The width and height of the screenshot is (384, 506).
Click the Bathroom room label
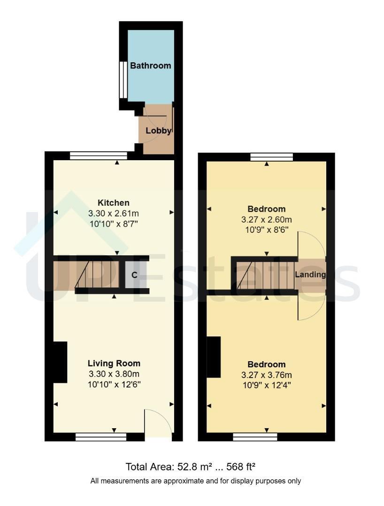150,66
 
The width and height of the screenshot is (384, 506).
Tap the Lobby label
158,131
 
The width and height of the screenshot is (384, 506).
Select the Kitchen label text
114,203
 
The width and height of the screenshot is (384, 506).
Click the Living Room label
114,364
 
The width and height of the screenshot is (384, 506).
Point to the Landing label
310,275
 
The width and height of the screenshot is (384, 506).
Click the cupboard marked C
134,275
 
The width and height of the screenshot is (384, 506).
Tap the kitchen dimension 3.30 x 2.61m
114,213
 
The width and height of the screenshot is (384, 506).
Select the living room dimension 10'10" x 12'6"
114,385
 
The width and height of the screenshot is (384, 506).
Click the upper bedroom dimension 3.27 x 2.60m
267,220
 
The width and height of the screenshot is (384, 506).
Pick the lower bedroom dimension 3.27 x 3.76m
267,375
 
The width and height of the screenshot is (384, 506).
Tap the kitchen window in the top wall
99,156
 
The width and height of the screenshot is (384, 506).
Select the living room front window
101,437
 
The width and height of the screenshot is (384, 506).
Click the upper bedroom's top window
272,157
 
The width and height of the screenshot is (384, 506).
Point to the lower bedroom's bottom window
255,437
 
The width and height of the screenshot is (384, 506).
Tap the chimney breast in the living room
60,362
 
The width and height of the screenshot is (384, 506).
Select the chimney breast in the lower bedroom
214,357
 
